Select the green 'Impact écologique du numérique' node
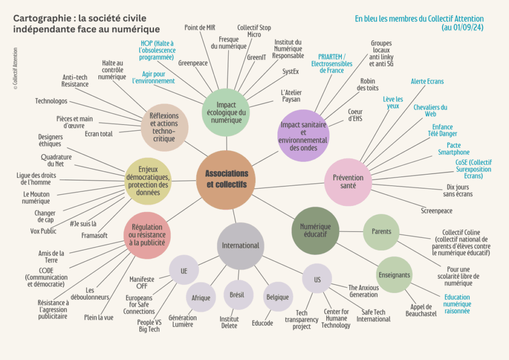pyautogui.click(x=226, y=112)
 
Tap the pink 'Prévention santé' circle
pyautogui.click(x=348, y=181)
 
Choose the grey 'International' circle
pyautogui.click(x=241, y=245)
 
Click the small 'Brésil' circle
pyautogui.click(x=237, y=295)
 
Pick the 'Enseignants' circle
pyautogui.click(x=394, y=274)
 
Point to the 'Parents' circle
pyautogui.click(x=382, y=232)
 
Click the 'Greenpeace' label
pyautogui.click(x=192, y=63)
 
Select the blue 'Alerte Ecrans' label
pyautogui.click(x=427, y=81)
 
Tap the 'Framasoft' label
pyautogui.click(x=94, y=235)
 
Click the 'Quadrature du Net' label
pyautogui.click(x=56, y=160)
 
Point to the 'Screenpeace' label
pyautogui.click(x=437, y=211)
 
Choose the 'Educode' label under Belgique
pyautogui.click(x=262, y=323)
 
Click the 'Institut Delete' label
pyautogui.click(x=229, y=322)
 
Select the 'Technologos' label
pyautogui.click(x=51, y=101)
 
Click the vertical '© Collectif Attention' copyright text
pyautogui.click(x=15, y=68)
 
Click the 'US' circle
pyautogui.click(x=317, y=279)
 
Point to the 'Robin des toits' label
pyautogui.click(x=368, y=85)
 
